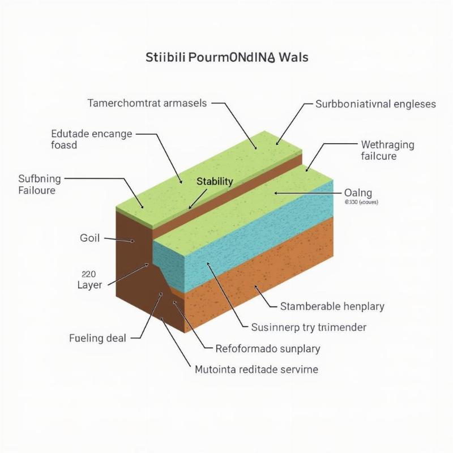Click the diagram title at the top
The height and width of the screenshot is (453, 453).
click(x=226, y=58)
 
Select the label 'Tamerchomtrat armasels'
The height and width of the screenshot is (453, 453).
click(x=147, y=104)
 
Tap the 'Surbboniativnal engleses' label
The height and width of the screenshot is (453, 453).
click(x=375, y=104)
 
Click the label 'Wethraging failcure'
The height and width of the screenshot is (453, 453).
click(x=387, y=150)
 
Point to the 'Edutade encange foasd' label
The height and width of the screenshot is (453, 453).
click(x=91, y=139)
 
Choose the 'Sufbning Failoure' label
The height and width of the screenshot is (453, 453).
click(x=39, y=185)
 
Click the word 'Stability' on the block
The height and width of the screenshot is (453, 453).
click(x=215, y=181)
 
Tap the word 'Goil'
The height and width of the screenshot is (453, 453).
click(x=89, y=238)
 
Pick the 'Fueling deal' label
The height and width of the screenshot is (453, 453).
click(x=97, y=339)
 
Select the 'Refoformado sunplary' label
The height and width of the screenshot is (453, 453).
click(x=268, y=348)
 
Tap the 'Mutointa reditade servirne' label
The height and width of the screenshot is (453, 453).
click(x=257, y=369)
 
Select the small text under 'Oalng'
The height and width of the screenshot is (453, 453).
click(x=361, y=202)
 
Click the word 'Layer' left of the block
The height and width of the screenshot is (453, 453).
click(x=89, y=285)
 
